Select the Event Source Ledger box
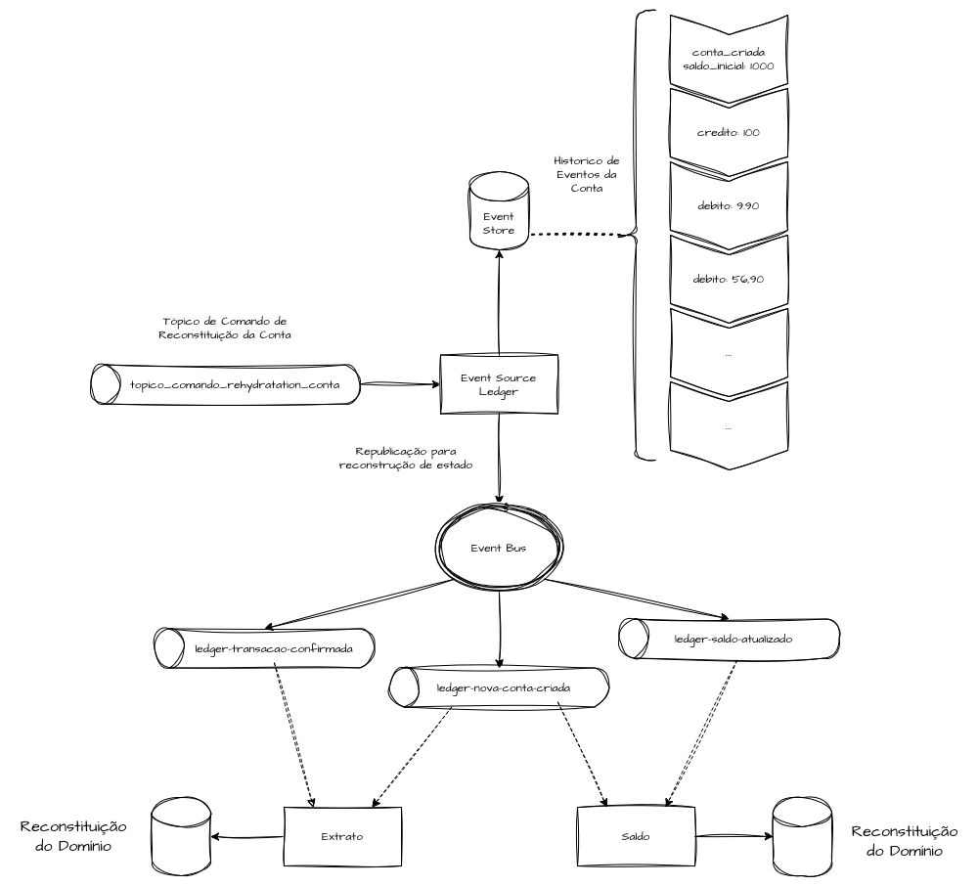tap(498, 383)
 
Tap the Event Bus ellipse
tap(499, 548)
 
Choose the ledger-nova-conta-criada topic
tap(499, 687)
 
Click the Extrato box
tap(342, 837)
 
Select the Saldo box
tap(635, 837)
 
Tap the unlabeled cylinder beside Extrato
tap(183, 837)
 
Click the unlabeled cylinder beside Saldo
tap(803, 837)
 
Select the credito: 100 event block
tap(729, 132)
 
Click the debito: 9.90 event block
tap(729, 205)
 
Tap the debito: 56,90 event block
tap(729, 279)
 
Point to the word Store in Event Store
tap(499, 231)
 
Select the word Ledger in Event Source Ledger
tap(499, 391)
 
